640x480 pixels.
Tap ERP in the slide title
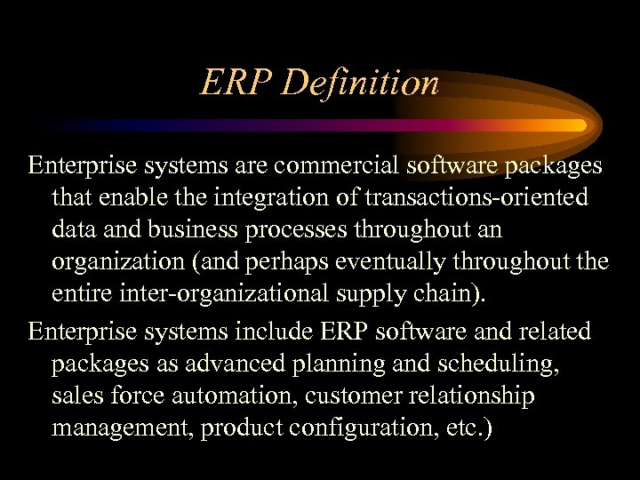tap(237, 83)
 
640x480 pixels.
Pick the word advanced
tap(220, 364)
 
